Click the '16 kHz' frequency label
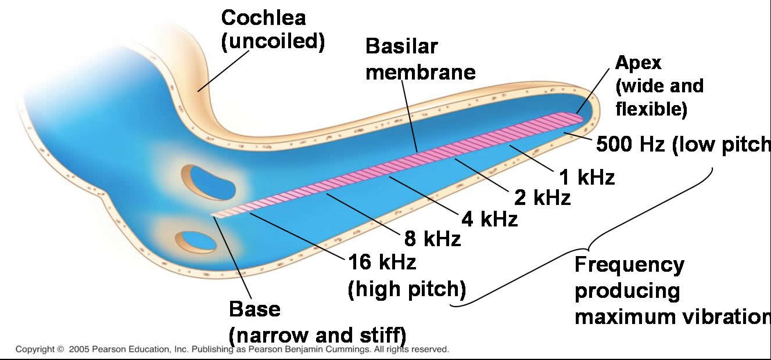tap(382, 262)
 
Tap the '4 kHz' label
tap(489, 219)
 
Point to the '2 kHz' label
tap(542, 198)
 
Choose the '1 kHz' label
tap(587, 177)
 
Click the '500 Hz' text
tap(630, 145)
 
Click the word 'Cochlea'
tap(263, 17)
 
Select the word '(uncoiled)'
tap(272, 42)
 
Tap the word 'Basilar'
tap(401, 46)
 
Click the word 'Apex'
tap(638, 62)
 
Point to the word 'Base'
tap(254, 309)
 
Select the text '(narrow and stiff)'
tap(317, 336)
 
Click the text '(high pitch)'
tap(407, 289)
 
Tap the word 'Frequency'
tap(629, 265)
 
